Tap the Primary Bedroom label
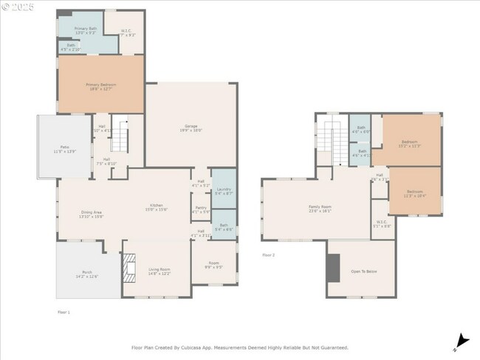[100, 86]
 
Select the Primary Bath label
[86, 30]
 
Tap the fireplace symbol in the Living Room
[129, 269]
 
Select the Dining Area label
[92, 214]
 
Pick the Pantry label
[201, 210]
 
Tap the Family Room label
[320, 208]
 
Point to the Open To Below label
[364, 271]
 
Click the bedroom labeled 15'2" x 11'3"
[409, 143]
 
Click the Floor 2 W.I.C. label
[382, 224]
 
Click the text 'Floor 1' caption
[64, 312]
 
